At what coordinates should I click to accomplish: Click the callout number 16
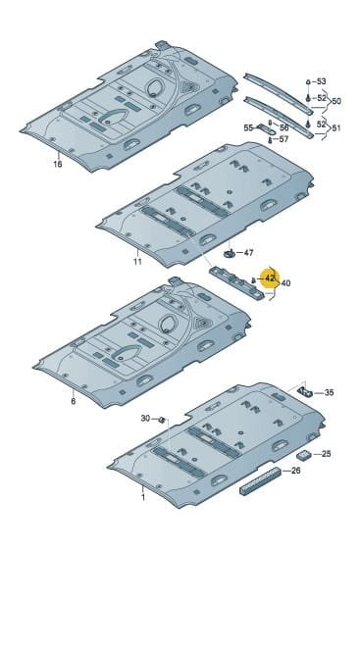[x=58, y=164]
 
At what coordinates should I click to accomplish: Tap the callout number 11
[x=137, y=262]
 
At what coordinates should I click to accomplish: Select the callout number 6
[x=74, y=402]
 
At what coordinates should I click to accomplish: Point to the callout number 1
[x=143, y=497]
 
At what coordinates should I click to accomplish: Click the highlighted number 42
[x=270, y=277]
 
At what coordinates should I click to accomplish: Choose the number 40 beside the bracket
[x=285, y=283]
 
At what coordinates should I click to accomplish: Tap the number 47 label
[x=248, y=252]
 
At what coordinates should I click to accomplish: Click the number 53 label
[x=321, y=81]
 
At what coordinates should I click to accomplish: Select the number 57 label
[x=283, y=139]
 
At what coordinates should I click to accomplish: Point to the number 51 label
[x=335, y=128]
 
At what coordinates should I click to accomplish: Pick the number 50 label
[x=336, y=101]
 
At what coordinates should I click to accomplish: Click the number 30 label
[x=145, y=418]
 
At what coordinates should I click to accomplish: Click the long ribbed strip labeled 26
[x=260, y=480]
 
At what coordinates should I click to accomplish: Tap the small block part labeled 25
[x=303, y=455]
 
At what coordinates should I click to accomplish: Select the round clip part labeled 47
[x=230, y=253]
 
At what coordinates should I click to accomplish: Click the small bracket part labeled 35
[x=304, y=391]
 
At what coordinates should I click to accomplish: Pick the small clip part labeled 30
[x=162, y=419]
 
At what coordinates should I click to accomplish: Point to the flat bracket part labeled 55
[x=264, y=128]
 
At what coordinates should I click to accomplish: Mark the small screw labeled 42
[x=253, y=279]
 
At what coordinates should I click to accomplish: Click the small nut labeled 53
[x=308, y=82]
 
